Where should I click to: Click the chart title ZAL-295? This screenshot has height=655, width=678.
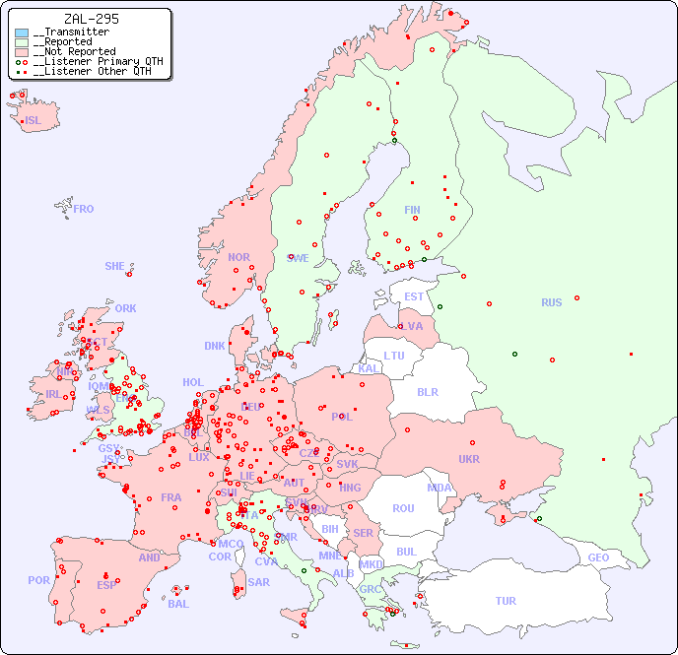pos(92,19)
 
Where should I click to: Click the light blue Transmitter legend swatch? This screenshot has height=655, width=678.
pos(22,33)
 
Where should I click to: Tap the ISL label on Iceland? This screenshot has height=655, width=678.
pos(34,121)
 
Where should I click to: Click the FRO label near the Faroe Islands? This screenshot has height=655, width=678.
pos(84,209)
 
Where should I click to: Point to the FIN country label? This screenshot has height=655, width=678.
pos(412,210)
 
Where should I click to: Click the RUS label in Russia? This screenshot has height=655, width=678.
pos(551,302)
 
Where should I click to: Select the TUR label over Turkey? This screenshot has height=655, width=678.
pos(506,601)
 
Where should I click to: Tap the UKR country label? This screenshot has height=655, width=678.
pos(469,459)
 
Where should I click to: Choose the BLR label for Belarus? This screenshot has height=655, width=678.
pos(428,391)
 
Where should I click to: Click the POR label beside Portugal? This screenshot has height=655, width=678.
pos(38,580)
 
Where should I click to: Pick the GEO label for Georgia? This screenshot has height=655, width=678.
pos(598,557)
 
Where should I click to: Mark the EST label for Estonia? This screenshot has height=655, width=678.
pos(414,296)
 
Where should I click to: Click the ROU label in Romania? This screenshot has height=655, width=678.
pos(403,508)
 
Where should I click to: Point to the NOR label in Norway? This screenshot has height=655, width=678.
pos(238,257)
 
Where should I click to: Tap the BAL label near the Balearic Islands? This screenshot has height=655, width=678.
pos(178,604)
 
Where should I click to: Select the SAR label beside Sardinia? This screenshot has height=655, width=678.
pos(258,582)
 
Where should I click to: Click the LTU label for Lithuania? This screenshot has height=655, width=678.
pos(394,356)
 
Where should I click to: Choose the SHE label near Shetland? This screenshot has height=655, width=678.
pos(115,266)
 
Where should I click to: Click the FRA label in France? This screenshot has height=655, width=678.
pos(171,497)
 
